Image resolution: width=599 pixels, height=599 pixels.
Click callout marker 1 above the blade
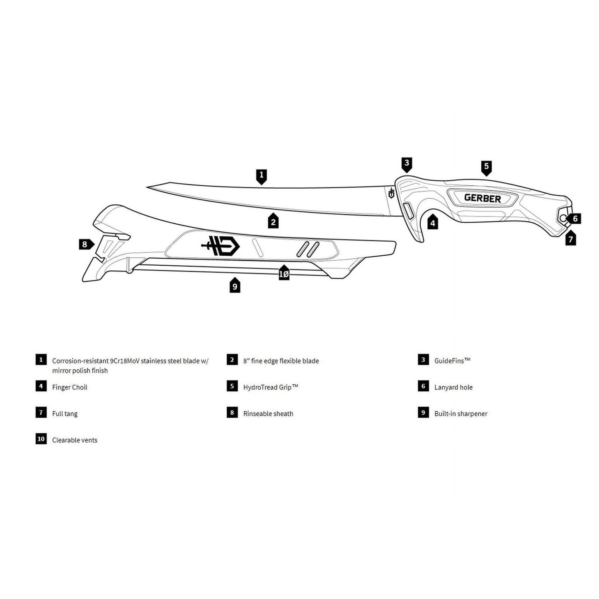(x=262, y=177)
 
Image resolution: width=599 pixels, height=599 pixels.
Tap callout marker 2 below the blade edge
(x=273, y=221)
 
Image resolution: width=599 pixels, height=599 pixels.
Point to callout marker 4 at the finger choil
(x=432, y=222)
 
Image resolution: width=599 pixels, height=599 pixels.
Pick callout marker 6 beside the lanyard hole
(x=574, y=218)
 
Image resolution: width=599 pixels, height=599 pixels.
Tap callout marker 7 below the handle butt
(x=570, y=238)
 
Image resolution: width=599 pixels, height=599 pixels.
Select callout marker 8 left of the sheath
(x=86, y=244)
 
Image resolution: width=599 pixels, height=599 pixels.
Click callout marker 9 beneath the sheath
(x=235, y=285)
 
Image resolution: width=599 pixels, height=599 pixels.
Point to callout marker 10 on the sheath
(x=284, y=273)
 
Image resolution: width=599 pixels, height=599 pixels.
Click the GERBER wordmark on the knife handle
(x=483, y=198)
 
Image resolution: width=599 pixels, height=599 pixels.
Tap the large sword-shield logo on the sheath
(x=221, y=245)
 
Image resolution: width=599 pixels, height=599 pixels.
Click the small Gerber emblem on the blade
(x=391, y=193)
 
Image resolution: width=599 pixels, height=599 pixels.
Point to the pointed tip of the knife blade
(x=147, y=187)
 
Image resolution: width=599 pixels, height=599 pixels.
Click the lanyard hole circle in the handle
(x=563, y=218)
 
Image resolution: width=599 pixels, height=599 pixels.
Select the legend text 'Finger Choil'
(x=70, y=387)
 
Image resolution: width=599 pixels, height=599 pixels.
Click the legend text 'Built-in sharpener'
(x=461, y=414)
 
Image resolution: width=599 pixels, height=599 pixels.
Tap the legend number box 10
(x=41, y=439)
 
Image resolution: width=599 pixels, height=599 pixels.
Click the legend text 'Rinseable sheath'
(x=268, y=414)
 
